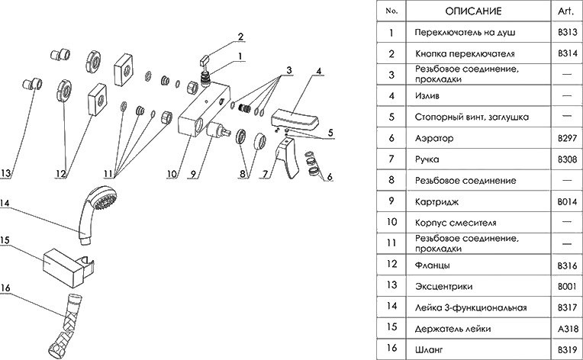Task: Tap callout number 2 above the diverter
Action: click(x=240, y=37)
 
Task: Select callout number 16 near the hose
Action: click(x=5, y=288)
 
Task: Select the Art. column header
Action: click(x=567, y=11)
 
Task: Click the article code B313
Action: click(x=567, y=33)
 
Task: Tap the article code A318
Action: click(x=567, y=329)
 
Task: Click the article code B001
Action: click(x=567, y=287)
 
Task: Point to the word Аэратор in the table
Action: click(x=433, y=139)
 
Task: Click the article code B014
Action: click(x=567, y=201)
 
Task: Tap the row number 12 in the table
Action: click(x=392, y=265)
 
